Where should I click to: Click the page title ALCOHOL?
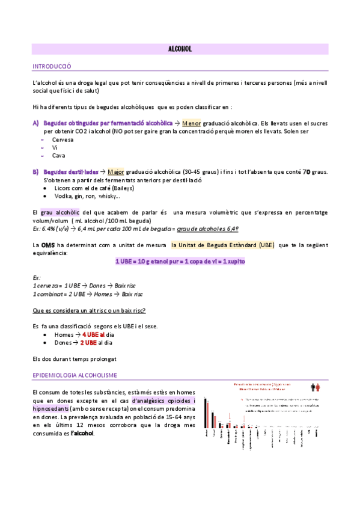(180, 49)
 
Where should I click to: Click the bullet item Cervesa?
(63, 140)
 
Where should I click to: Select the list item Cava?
(59, 155)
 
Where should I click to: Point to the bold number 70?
(306, 172)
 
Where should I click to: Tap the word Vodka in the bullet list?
(63, 196)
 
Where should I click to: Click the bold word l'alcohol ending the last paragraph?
(82, 433)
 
